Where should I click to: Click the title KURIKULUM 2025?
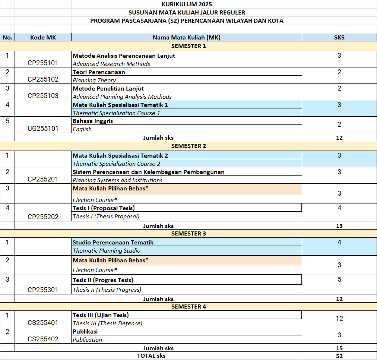(187, 4)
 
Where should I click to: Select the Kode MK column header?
(43, 37)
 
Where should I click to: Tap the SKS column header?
(339, 37)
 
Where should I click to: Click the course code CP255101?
(43, 63)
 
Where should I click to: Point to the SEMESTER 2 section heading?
(188, 146)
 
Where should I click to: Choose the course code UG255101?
(43, 129)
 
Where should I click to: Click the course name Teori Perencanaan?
(99, 72)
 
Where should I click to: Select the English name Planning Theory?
(94, 80)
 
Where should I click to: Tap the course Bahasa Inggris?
(93, 121)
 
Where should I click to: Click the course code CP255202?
(43, 217)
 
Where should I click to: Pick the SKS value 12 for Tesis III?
(339, 319)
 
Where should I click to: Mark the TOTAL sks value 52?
(339, 356)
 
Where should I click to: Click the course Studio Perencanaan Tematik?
(113, 242)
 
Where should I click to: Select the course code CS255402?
(43, 339)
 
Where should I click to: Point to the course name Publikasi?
(85, 331)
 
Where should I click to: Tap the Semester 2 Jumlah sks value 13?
(339, 226)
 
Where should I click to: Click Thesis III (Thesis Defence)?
(107, 323)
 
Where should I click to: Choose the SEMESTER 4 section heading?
(188, 307)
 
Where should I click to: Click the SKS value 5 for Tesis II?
(339, 280)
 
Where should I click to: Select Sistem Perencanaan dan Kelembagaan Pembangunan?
(148, 172)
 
